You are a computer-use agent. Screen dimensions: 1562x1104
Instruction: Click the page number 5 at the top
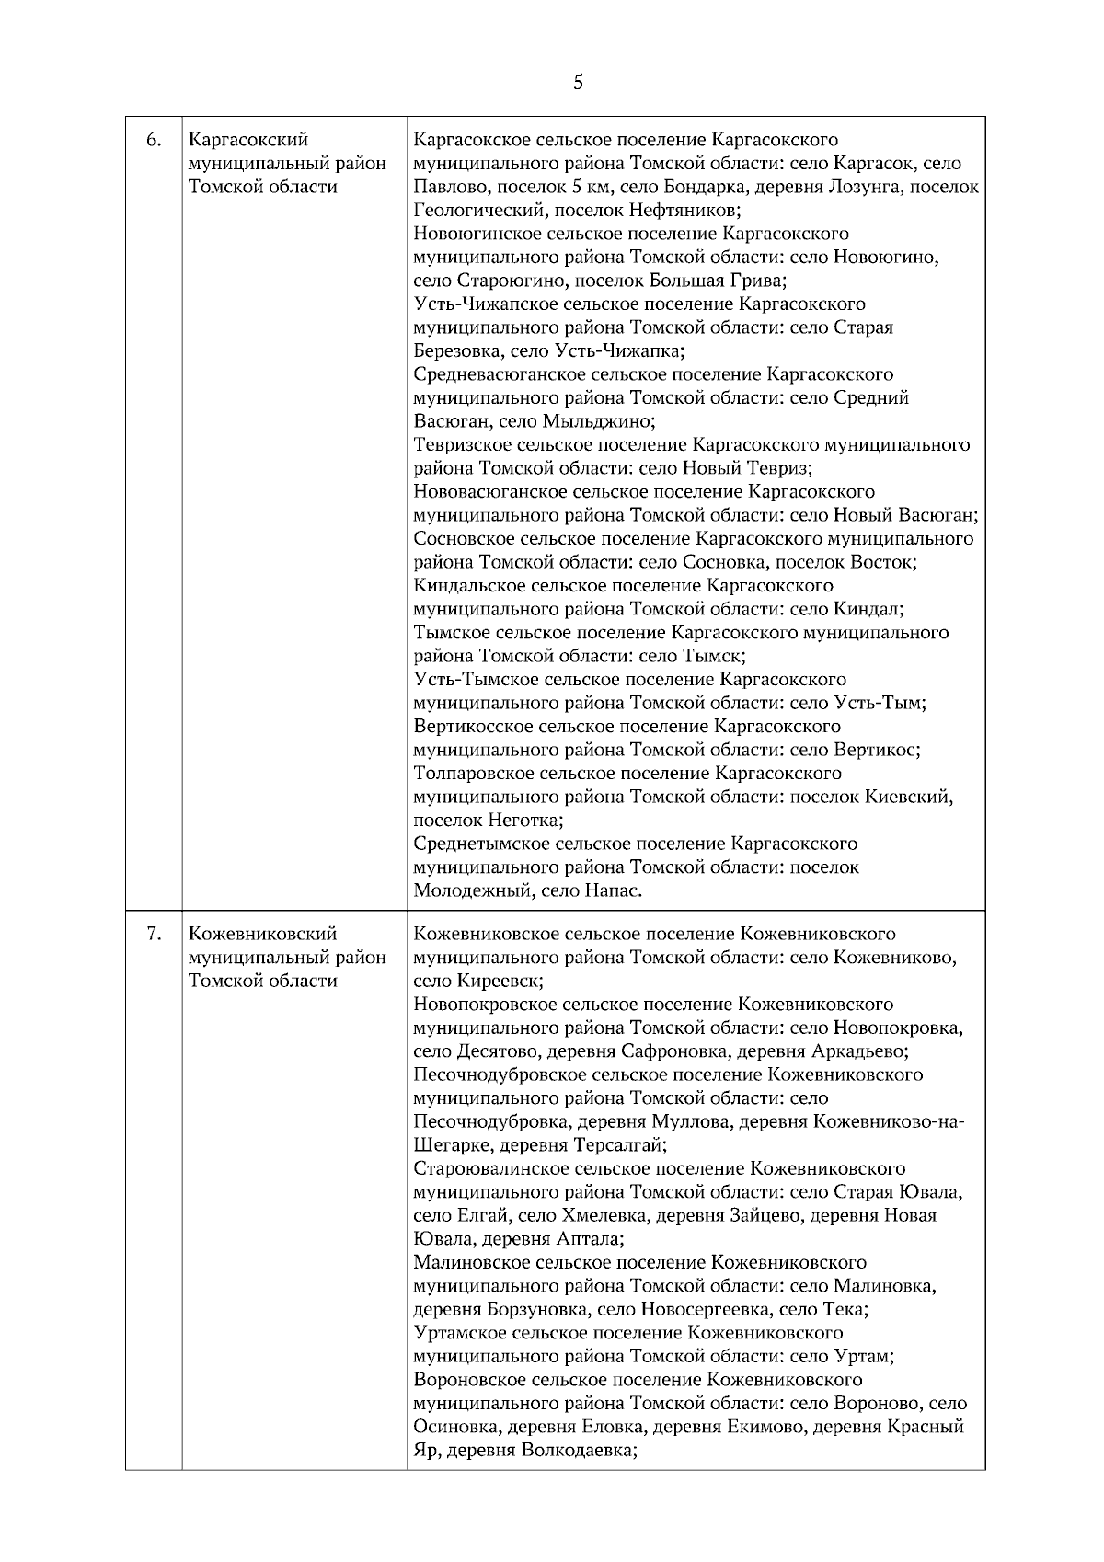tap(578, 83)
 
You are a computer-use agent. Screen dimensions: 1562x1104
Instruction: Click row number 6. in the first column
tap(155, 140)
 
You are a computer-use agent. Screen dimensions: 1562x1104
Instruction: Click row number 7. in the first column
tap(155, 934)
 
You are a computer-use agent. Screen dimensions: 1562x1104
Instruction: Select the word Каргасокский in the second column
tap(248, 140)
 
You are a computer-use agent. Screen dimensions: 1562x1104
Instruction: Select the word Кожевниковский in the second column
tap(262, 934)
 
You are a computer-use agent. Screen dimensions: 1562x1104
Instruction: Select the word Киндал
tap(868, 609)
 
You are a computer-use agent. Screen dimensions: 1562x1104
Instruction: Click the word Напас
tap(612, 890)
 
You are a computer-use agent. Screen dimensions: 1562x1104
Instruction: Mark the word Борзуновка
tap(537, 1309)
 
